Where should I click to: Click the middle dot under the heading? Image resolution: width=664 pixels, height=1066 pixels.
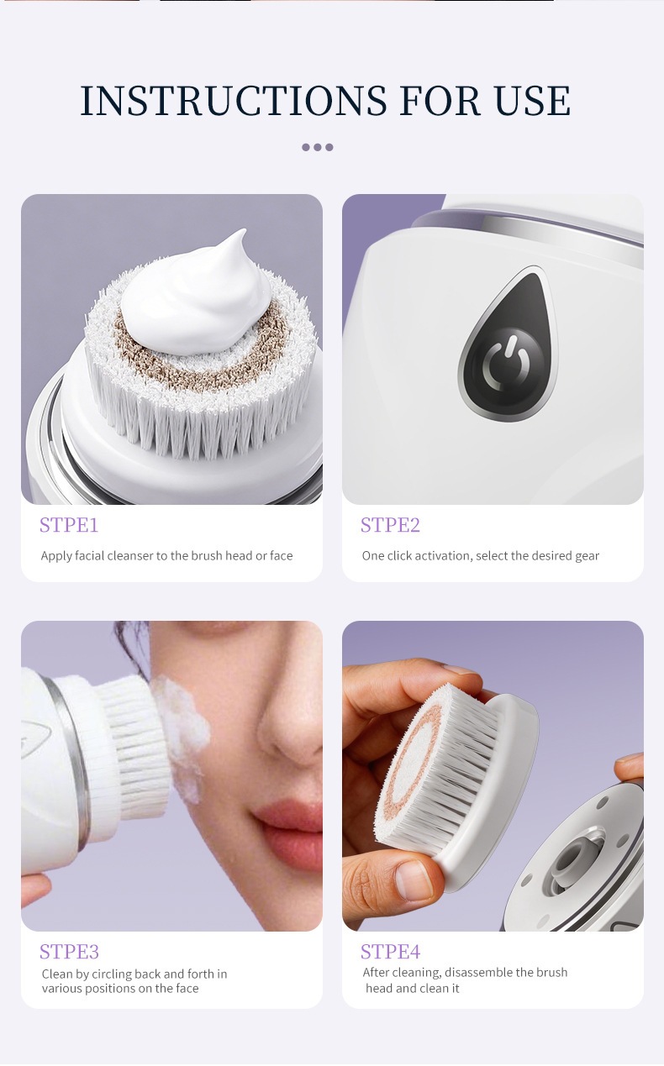click(x=318, y=147)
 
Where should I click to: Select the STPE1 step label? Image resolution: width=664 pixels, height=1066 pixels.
click(x=69, y=525)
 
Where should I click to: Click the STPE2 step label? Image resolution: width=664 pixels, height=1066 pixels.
click(x=390, y=525)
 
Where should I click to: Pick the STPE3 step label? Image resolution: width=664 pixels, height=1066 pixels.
click(x=69, y=952)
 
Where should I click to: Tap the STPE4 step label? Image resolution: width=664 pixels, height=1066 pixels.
click(x=390, y=952)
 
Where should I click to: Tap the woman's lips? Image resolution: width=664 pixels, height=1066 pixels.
click(x=291, y=829)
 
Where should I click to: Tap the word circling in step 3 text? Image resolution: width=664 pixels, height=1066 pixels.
click(x=112, y=974)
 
